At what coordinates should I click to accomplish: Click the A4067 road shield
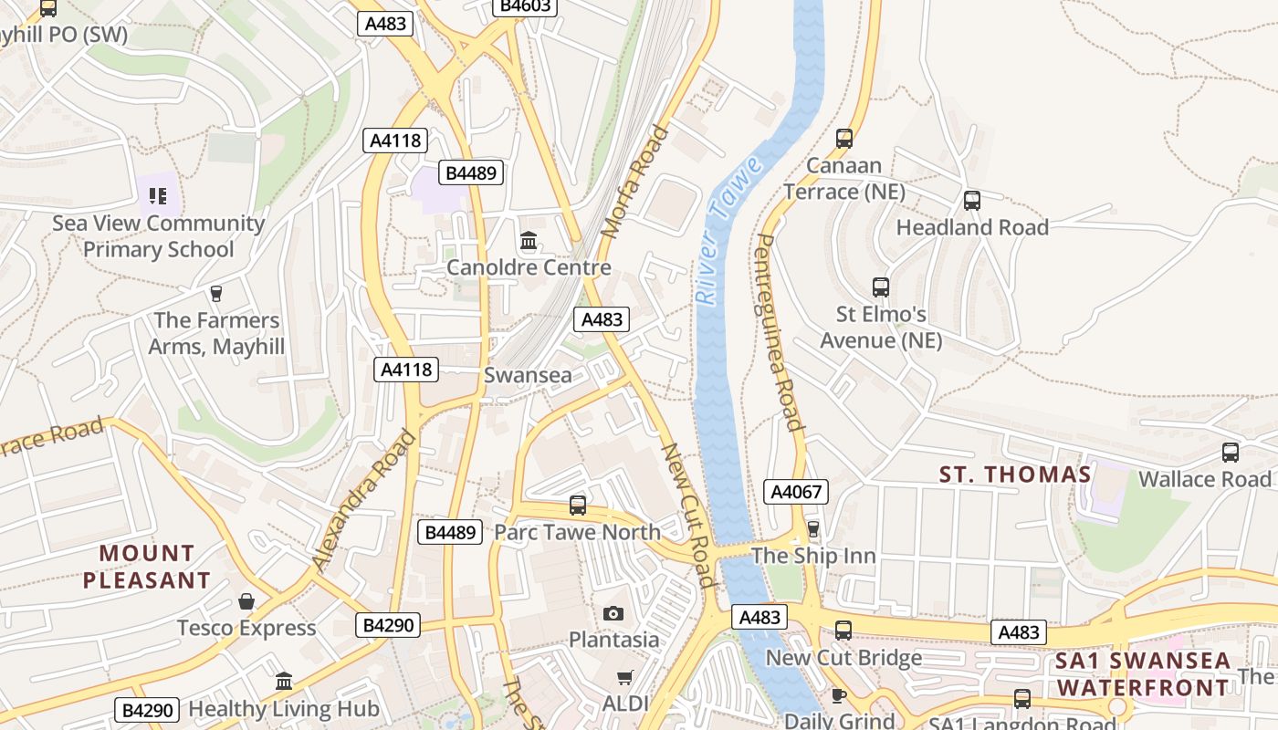797,492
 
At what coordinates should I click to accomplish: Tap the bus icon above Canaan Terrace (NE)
844,139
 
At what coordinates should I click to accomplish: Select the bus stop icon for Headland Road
972,201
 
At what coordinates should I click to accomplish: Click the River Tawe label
728,230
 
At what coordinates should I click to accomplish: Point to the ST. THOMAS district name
1015,474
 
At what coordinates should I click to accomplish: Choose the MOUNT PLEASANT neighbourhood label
147,567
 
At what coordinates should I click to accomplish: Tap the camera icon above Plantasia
613,613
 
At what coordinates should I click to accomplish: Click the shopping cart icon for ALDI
624,677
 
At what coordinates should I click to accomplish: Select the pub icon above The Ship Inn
813,529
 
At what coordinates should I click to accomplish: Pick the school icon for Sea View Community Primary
158,195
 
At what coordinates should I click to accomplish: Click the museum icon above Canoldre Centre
529,241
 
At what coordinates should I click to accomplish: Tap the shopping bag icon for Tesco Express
246,601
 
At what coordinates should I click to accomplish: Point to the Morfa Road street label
636,182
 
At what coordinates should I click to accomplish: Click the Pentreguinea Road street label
779,332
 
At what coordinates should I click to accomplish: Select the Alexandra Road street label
363,500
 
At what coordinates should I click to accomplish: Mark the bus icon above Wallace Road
1231,453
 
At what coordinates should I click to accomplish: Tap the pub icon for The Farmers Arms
216,293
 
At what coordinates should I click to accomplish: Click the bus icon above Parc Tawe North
577,505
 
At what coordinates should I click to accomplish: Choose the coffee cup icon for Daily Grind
839,695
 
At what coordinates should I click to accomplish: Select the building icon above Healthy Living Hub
283,682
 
